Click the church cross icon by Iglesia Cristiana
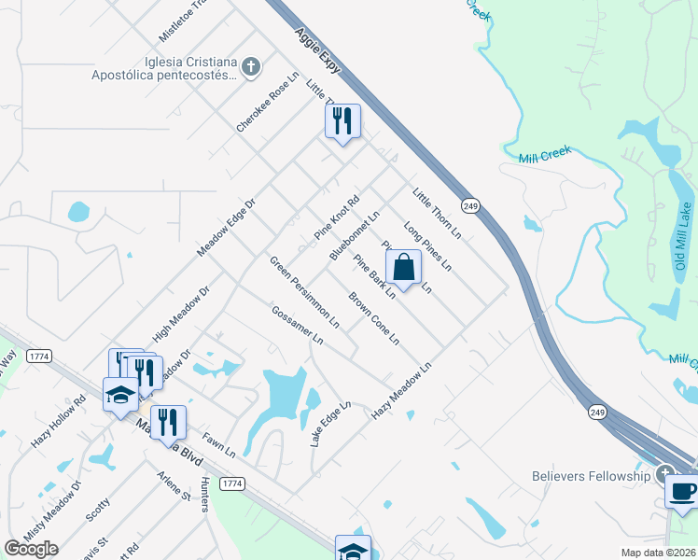[249, 66]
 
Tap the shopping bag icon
[403, 268]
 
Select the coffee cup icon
[682, 491]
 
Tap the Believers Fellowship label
[591, 476]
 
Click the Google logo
[31, 549]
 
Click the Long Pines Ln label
[427, 246]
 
